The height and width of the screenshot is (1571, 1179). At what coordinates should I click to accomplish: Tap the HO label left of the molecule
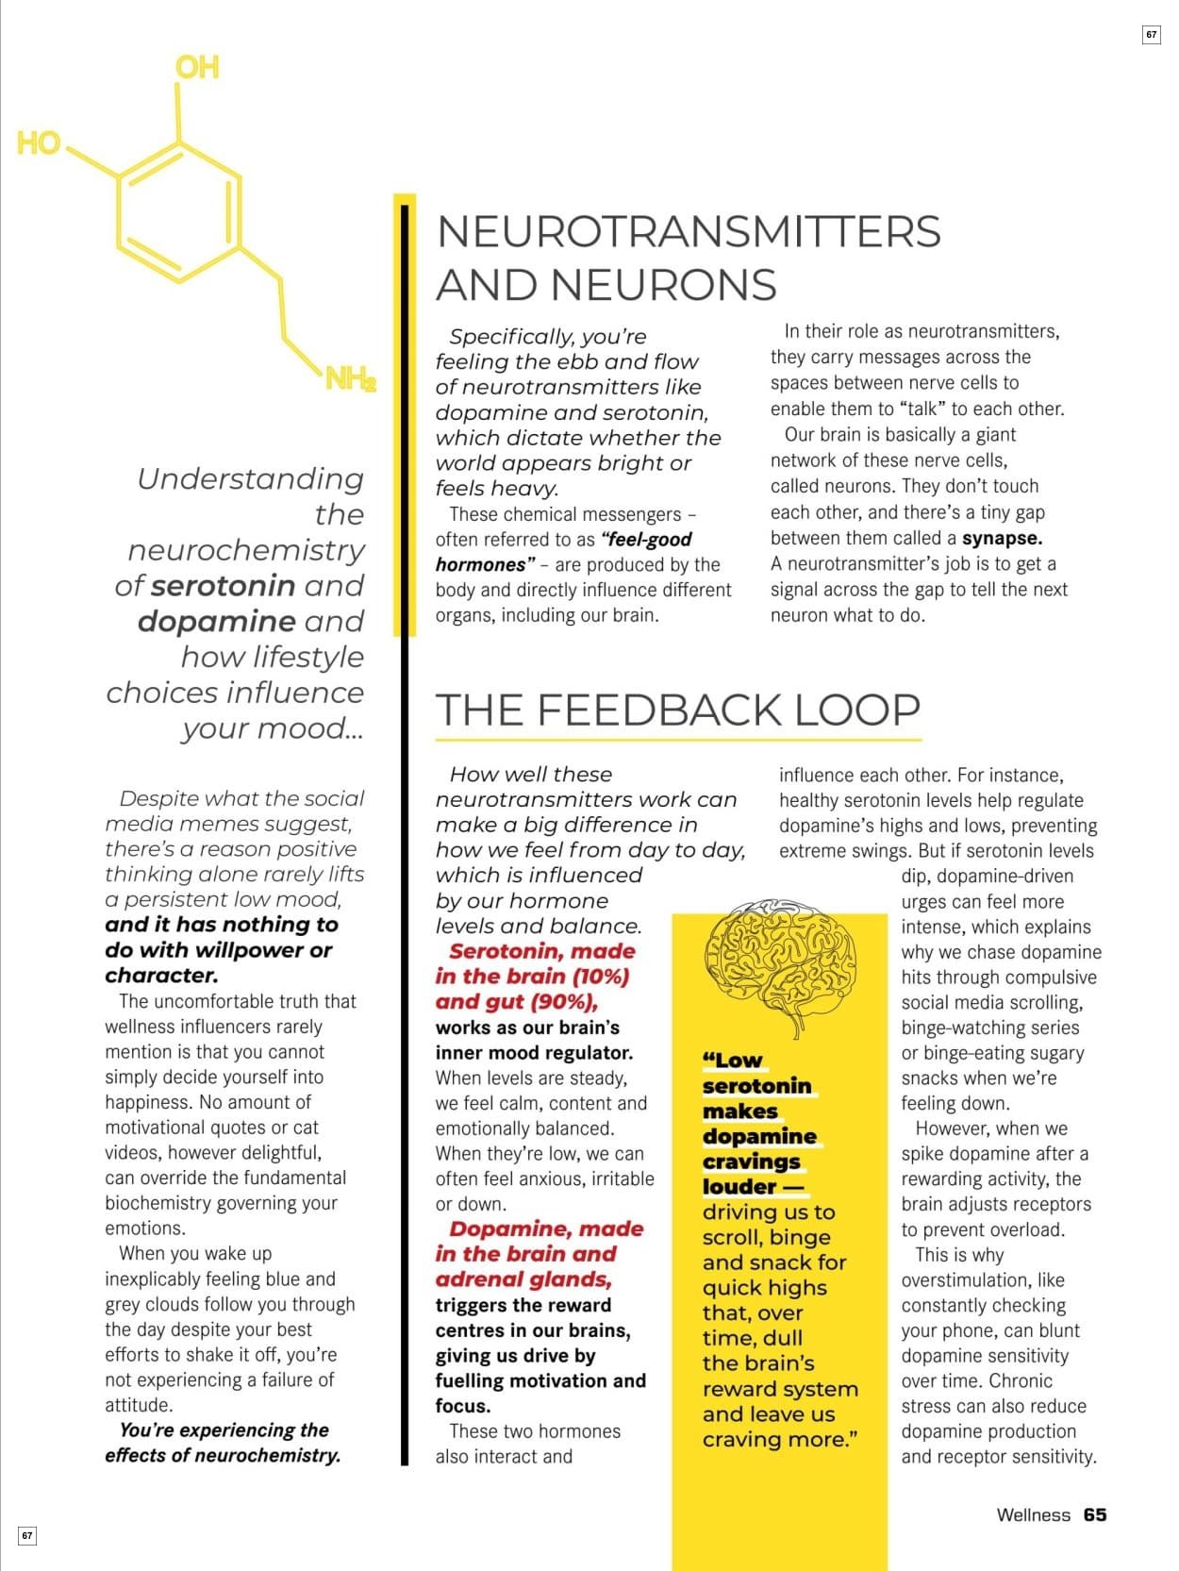click(39, 143)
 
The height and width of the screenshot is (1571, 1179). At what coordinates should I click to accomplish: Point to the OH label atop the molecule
click(197, 67)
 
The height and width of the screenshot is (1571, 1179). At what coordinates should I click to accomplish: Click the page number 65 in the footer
click(1095, 1514)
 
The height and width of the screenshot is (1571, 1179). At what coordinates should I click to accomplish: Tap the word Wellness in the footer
click(1033, 1514)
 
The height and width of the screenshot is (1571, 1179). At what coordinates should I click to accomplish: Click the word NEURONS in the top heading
click(663, 285)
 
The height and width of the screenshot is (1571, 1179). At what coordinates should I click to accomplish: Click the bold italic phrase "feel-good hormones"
click(564, 552)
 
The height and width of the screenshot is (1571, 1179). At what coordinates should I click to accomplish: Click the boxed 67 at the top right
click(1151, 35)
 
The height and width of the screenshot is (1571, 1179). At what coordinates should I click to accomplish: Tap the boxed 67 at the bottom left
click(27, 1535)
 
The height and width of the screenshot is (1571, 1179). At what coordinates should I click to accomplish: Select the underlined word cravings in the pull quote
click(752, 1162)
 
